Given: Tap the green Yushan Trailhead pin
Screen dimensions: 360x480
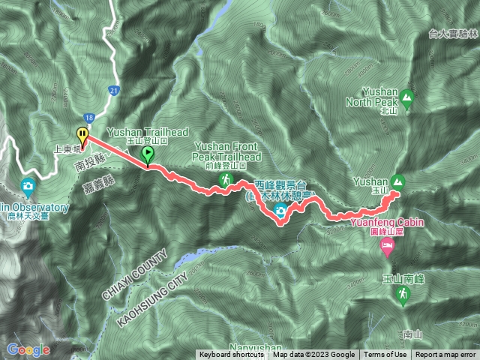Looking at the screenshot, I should [x=148, y=154].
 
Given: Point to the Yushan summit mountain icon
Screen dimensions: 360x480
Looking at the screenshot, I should [x=397, y=181].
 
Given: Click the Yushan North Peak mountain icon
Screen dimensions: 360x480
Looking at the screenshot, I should [x=406, y=97].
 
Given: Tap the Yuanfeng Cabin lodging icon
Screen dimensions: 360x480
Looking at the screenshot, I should [x=387, y=246].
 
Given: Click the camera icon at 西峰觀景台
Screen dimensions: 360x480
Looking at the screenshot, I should [x=280, y=212].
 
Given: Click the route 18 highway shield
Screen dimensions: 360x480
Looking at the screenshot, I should [x=89, y=118].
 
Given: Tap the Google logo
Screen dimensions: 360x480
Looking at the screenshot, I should [x=28, y=349].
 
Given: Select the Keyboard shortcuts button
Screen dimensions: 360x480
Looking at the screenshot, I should [x=231, y=355].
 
